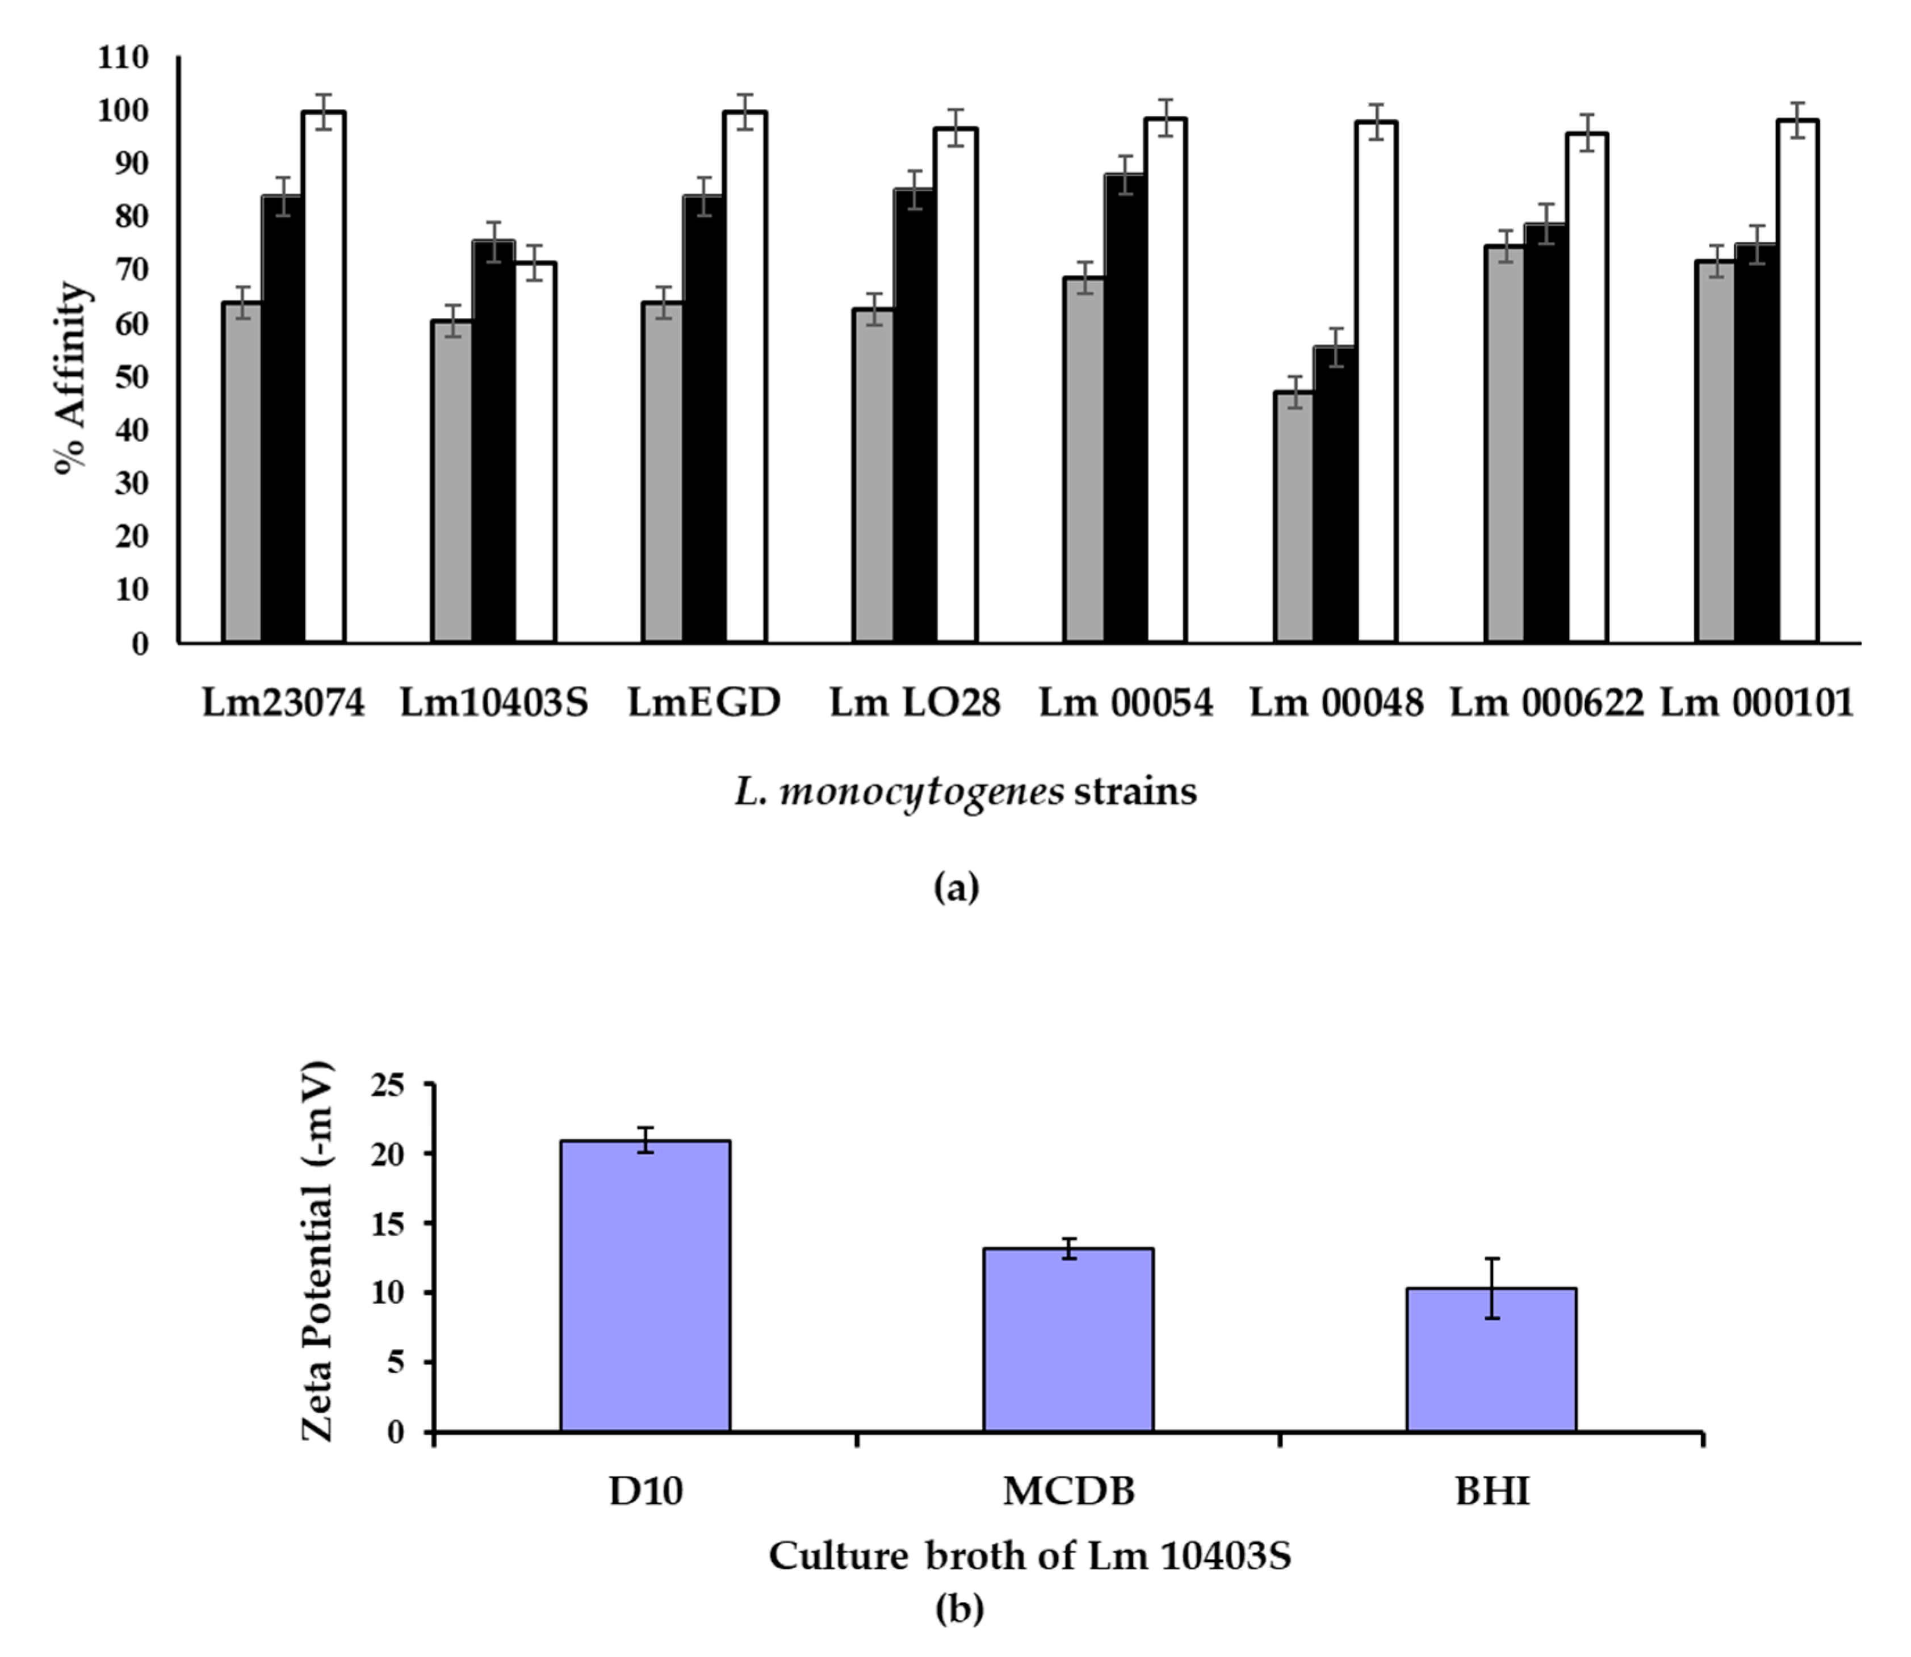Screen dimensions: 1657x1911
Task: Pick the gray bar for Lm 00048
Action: tap(1293, 518)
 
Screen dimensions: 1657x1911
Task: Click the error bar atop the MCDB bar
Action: tap(1068, 1248)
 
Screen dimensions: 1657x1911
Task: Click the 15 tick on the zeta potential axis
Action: tap(388, 1223)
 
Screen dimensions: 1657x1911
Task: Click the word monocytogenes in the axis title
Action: tap(921, 791)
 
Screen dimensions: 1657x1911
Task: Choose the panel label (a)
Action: tap(955, 888)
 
